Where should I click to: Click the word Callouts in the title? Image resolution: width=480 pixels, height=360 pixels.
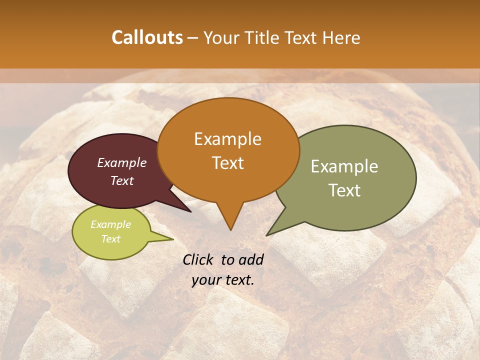point(147,37)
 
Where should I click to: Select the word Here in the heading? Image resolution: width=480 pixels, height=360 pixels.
point(342,37)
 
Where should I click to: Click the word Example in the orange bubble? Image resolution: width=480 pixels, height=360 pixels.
point(227,139)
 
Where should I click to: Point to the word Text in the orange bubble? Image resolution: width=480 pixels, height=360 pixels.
point(227,162)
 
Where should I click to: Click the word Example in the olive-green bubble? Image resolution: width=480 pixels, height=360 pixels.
point(344,166)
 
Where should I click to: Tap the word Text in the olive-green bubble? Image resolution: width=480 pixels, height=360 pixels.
point(344,190)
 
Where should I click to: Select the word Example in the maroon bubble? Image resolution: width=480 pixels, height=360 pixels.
point(122,162)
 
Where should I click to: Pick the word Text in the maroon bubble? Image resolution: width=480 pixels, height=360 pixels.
point(122,180)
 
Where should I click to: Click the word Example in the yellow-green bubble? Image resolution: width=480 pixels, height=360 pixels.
point(110,224)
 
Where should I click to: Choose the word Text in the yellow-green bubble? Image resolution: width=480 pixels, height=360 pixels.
point(110,239)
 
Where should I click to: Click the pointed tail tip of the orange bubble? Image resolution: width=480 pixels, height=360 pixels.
point(230,230)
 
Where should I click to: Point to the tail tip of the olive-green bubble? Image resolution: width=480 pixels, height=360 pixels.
point(266,235)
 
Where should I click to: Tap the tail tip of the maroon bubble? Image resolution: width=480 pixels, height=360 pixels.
point(191,212)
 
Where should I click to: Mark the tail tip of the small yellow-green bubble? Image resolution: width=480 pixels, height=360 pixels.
point(173,239)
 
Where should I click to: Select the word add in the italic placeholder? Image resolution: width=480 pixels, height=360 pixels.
point(252,259)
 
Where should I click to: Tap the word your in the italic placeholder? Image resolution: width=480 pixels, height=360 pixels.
point(205,280)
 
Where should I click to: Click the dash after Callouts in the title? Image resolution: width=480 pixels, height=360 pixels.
point(193,38)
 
